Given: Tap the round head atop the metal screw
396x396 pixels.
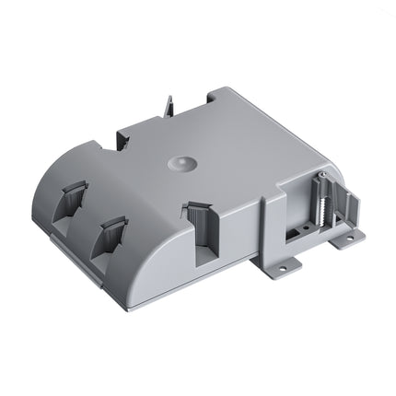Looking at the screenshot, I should (324, 176).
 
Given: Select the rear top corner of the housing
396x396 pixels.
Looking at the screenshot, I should (217, 90).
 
